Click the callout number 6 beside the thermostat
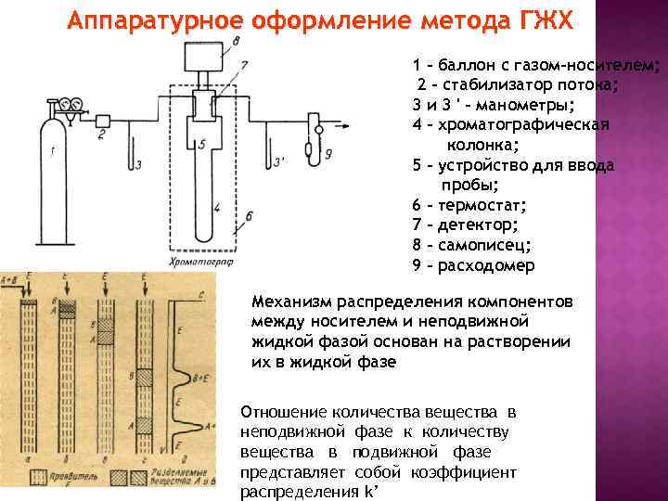(x=249, y=215)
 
